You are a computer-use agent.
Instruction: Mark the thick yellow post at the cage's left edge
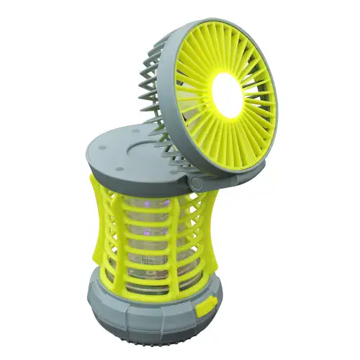coord(99,223)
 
